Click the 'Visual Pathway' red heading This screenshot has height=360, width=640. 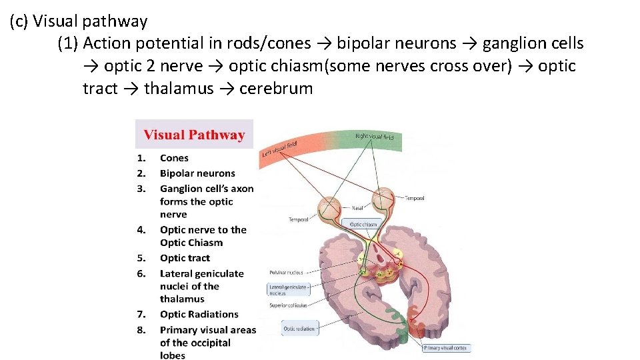click(194, 135)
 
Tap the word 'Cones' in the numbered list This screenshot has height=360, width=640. click(174, 158)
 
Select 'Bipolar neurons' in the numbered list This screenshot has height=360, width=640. click(197, 173)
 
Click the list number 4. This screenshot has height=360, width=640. click(141, 229)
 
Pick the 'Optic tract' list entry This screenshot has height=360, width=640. click(185, 258)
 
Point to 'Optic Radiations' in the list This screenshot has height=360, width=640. click(199, 314)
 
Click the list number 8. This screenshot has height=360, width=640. click(141, 329)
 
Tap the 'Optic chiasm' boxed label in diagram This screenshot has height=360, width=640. click(363, 225)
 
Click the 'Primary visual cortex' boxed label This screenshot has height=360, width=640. click(445, 348)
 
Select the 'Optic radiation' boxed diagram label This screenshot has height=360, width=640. click(299, 328)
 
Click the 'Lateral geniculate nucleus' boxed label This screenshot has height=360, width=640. click(287, 289)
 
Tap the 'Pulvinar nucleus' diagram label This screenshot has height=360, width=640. click(287, 272)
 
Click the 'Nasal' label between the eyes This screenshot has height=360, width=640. click(357, 207)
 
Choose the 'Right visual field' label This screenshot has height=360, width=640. click(374, 137)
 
